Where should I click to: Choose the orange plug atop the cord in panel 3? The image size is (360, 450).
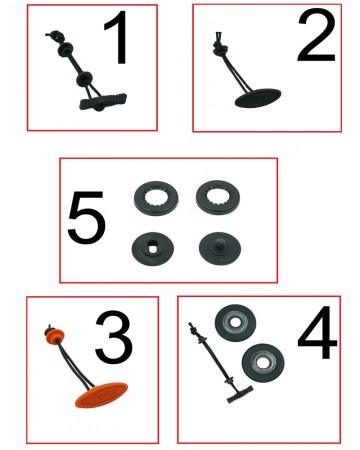(51, 332)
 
